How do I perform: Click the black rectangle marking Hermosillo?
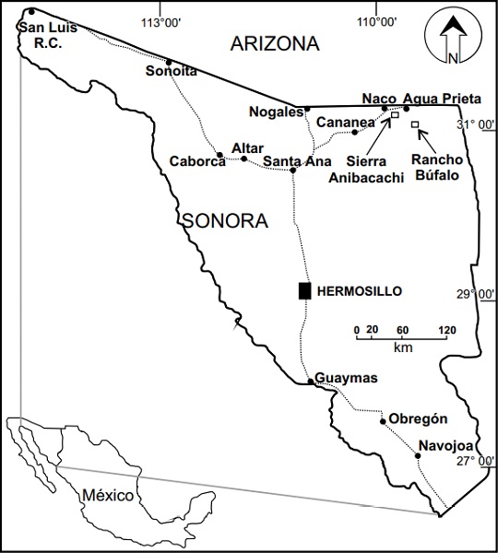point(304,290)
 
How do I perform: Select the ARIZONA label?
point(275,43)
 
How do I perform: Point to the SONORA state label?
point(225,221)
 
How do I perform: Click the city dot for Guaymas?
point(310,381)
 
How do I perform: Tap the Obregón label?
point(418,418)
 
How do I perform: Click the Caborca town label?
point(197,161)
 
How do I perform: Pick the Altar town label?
point(248,147)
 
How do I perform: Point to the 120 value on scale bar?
point(446,329)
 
